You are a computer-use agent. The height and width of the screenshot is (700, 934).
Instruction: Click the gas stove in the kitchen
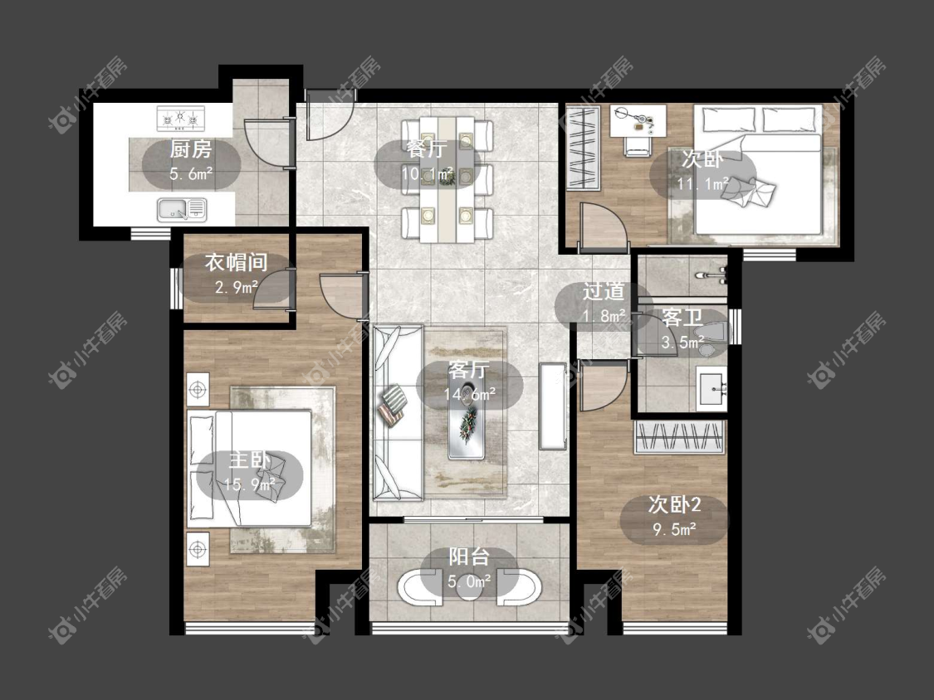click(x=180, y=119)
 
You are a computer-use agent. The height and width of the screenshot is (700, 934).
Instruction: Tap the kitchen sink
click(x=182, y=210)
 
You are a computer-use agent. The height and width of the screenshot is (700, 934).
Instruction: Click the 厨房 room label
click(x=191, y=148)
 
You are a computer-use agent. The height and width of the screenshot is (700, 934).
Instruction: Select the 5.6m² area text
click(x=191, y=174)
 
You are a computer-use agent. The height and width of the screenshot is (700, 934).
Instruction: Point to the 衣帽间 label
click(x=236, y=262)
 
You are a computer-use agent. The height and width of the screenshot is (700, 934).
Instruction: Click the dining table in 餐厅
click(x=447, y=179)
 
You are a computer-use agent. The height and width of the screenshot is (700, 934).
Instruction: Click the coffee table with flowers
click(x=467, y=420)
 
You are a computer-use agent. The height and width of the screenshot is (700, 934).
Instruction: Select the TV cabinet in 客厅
click(x=554, y=406)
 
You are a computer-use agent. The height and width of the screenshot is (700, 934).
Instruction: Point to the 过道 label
click(x=604, y=291)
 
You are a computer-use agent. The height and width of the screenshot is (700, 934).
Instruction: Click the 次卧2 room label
click(x=674, y=505)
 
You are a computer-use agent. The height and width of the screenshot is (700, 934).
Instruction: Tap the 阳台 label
click(x=469, y=557)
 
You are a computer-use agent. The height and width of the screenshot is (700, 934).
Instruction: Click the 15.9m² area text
click(x=249, y=484)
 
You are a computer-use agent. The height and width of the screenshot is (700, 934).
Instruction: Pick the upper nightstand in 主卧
click(x=198, y=390)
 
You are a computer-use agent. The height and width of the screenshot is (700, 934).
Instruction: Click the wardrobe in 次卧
click(x=582, y=148)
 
